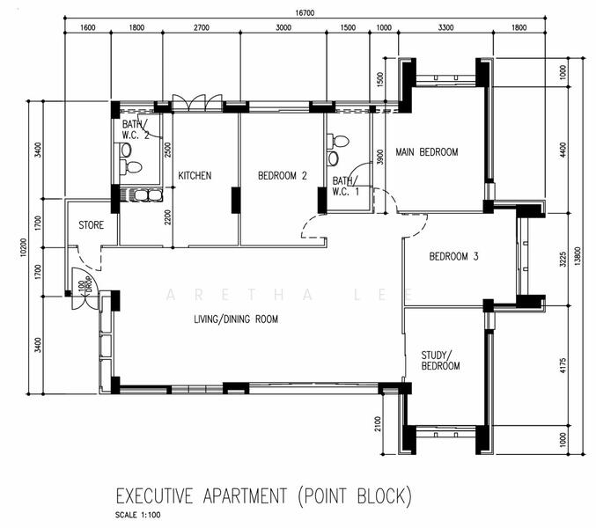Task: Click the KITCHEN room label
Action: point(195,175)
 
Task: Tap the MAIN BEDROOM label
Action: point(426,152)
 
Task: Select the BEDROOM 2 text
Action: point(282,175)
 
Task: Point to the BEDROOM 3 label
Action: point(453,256)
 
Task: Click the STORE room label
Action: point(92,225)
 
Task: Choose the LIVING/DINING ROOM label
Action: point(236,319)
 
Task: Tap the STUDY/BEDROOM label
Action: point(440,361)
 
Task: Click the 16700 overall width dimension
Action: point(305,13)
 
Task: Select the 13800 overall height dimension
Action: point(578,256)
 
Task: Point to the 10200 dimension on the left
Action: point(23,247)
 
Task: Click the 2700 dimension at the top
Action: point(202,27)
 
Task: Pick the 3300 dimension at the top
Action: point(445,27)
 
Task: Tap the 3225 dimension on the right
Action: point(563,259)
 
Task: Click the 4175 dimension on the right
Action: point(563,365)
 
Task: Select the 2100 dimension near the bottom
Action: point(378,424)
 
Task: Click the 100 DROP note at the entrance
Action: point(85,286)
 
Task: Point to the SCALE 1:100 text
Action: point(138,515)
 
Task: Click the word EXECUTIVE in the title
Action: point(154,496)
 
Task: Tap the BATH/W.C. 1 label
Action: point(345,187)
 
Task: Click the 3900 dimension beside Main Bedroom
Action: point(380,157)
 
